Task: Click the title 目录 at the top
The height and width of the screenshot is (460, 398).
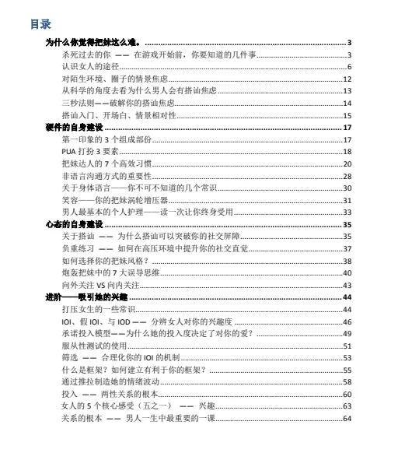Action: point(40,24)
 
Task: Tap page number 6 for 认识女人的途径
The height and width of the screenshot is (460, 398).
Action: point(350,67)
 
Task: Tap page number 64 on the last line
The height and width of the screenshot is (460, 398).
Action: point(347,419)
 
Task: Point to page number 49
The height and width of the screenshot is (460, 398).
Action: point(347,333)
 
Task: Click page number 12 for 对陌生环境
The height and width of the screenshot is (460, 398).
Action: point(347,79)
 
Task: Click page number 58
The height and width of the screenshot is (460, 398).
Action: point(347,382)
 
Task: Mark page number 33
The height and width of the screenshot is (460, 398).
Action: point(347,212)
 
